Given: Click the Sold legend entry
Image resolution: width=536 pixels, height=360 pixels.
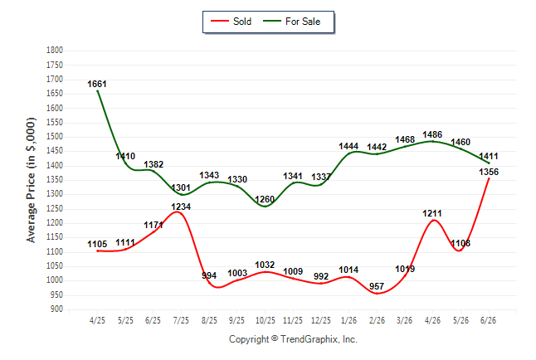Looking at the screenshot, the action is point(231,22).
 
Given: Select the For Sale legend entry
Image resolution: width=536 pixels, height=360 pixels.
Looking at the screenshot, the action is point(291,22).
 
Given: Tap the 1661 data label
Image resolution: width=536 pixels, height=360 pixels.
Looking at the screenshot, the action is point(97,84).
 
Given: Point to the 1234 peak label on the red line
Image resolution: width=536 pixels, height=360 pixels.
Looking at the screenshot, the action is point(181,207).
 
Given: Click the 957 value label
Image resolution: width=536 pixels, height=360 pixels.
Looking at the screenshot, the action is point(377,286).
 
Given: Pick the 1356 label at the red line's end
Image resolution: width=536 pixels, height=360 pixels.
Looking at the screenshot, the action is point(489,172).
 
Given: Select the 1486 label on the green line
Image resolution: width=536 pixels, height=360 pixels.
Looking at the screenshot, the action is point(432,134).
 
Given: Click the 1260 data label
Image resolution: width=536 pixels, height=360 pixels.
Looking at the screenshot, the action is point(265,199).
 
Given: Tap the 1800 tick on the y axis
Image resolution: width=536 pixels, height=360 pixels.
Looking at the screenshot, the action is point(55,51).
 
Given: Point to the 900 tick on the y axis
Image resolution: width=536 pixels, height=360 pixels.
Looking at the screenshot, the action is point(56,309).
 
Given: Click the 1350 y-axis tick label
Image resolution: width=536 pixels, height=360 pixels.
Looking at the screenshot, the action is point(55,179).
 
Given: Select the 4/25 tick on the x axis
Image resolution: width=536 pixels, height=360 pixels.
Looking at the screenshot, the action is point(97,320).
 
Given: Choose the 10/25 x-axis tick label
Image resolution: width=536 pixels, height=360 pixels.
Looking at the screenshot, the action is point(266,320).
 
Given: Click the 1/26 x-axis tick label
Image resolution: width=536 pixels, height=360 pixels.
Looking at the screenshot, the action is point(348,320).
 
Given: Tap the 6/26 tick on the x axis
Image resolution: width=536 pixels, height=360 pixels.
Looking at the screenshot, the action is point(488,320).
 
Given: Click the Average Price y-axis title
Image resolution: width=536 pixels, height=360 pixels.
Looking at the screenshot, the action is point(31,180).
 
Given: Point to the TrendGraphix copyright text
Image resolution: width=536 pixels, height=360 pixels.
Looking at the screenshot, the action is point(293,339).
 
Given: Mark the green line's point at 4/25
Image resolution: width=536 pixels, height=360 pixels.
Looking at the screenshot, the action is point(98,91).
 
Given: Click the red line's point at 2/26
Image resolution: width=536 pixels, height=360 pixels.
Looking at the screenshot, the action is point(377,294).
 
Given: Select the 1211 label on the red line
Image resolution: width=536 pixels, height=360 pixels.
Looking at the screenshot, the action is point(432,213).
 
